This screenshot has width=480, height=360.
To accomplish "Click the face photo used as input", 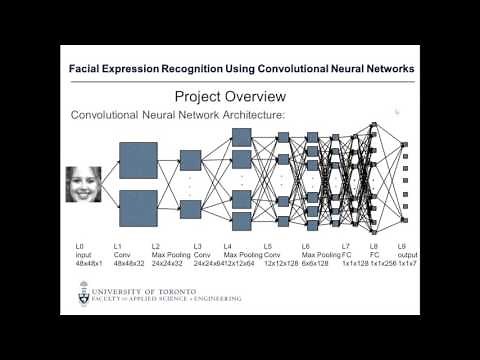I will (x=84, y=184).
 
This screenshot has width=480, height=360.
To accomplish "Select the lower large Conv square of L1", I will (x=138, y=209).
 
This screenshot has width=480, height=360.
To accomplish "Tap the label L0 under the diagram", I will (x=79, y=246).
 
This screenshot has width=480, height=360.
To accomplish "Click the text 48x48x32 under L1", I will (x=129, y=262).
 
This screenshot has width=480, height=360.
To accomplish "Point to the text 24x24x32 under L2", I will (x=171, y=262).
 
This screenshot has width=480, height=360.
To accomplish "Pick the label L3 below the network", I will (x=197, y=246).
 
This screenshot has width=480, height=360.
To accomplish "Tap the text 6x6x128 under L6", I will (x=316, y=262).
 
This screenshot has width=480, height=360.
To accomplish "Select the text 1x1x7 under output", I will (x=409, y=262).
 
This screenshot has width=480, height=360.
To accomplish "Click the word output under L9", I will (x=408, y=254).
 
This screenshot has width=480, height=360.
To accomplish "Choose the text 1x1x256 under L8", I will (x=380, y=262).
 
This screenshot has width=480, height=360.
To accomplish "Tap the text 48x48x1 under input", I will (x=88, y=262).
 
